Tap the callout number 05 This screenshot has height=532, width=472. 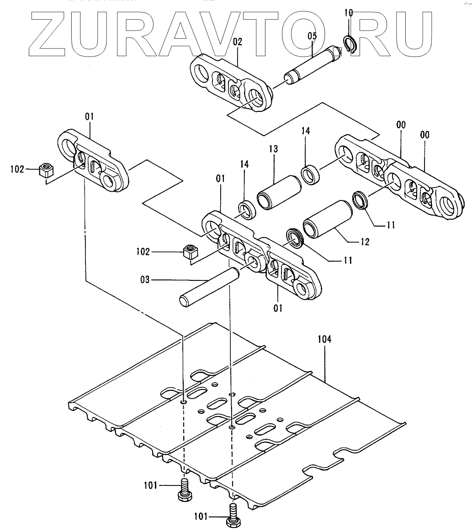312,35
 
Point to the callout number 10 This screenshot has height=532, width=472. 349,12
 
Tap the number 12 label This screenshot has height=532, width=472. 364,242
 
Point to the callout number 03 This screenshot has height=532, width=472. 145,279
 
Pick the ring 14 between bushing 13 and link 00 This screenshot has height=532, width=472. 311,175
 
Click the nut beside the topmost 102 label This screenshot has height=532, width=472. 47,170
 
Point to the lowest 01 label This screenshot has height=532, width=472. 278,308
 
